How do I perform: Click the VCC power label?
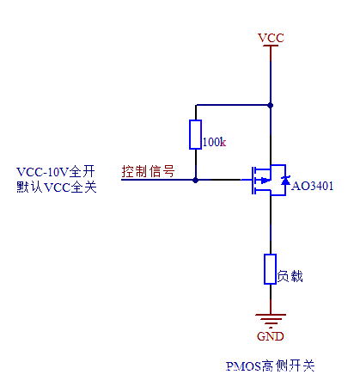coord(271,37)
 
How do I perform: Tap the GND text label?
coord(271,335)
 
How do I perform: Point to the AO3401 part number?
coord(313,186)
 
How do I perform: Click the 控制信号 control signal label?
coord(148,170)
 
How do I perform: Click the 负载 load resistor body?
coord(271,269)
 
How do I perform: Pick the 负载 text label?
coord(290,277)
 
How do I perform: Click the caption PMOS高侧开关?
coord(271,366)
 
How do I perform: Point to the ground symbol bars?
coord(271,320)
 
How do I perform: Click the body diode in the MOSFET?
coord(284,180)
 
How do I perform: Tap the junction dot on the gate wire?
coord(196,180)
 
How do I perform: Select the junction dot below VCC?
coord(271,105)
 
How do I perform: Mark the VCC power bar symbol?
coord(271,46)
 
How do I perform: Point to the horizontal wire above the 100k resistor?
coord(232,105)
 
